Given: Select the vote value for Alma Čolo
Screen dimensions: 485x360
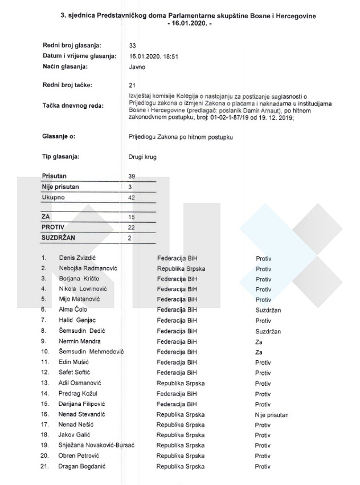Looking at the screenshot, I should (268, 310).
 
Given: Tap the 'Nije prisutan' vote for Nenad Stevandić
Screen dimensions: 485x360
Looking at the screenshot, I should (272, 414).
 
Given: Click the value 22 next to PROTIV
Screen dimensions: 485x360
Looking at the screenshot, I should (132, 227).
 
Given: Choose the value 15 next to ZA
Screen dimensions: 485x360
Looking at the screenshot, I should (132, 217).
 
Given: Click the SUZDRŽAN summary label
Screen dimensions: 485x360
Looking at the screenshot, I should (59, 238).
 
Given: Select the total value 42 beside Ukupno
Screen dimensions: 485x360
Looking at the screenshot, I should (132, 197).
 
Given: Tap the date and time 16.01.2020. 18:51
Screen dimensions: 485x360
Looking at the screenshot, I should (153, 56).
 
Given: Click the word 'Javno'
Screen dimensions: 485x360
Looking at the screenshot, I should (137, 67).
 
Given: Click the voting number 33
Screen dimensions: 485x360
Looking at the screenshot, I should (133, 45).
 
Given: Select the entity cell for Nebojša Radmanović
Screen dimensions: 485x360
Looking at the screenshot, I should (181, 268).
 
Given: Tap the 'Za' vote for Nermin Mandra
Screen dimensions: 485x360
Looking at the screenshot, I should (259, 341).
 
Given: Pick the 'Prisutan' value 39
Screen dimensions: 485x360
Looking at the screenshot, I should (132, 177).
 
